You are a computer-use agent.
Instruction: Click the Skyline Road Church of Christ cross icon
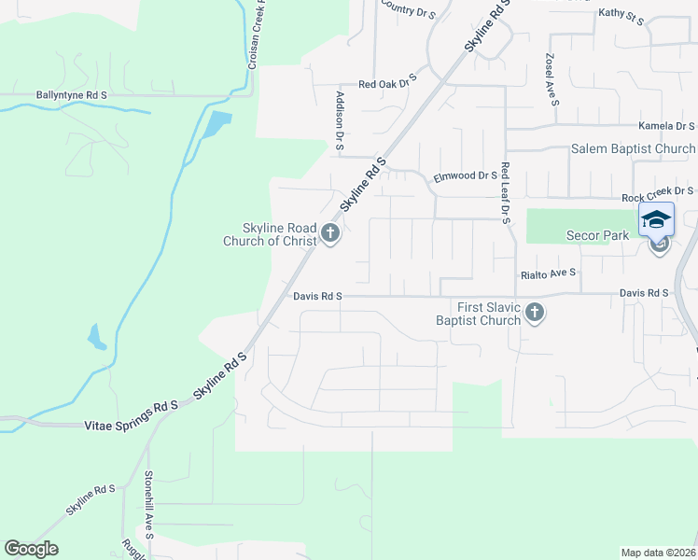pyautogui.click(x=329, y=232)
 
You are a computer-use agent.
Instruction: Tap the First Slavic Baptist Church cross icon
pyautogui.click(x=534, y=312)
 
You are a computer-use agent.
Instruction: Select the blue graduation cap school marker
pyautogui.click(x=656, y=219)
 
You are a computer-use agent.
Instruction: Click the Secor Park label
pyautogui.click(x=598, y=236)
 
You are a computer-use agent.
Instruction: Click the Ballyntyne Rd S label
pyautogui.click(x=72, y=95)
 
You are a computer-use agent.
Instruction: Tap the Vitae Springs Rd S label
pyautogui.click(x=130, y=407)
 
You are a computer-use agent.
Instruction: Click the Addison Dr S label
pyautogui.click(x=341, y=120)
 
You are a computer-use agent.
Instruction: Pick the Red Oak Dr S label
pyautogui.click(x=386, y=83)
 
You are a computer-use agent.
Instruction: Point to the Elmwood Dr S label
pyautogui.click(x=465, y=175)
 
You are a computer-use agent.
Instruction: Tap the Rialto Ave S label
pyautogui.click(x=547, y=274)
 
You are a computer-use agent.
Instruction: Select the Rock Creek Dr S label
pyautogui.click(x=659, y=198)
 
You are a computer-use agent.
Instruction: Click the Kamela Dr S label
pyautogui.click(x=667, y=126)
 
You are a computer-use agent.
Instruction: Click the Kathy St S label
pyautogui.click(x=621, y=13)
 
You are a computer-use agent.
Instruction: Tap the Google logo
pyautogui.click(x=31, y=549)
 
